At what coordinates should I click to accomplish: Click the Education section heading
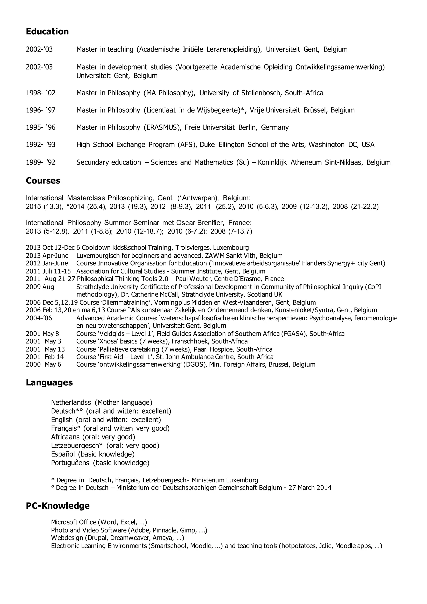[47, 31]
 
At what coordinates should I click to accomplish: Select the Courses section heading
[43, 181]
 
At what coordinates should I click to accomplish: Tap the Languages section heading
[49, 383]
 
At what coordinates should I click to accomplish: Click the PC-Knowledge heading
[58, 506]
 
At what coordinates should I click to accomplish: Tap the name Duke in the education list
[207, 145]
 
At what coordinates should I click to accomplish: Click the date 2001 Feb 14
[45, 357]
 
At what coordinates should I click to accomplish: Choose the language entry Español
[63, 454]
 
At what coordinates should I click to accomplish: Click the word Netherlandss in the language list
[71, 403]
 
